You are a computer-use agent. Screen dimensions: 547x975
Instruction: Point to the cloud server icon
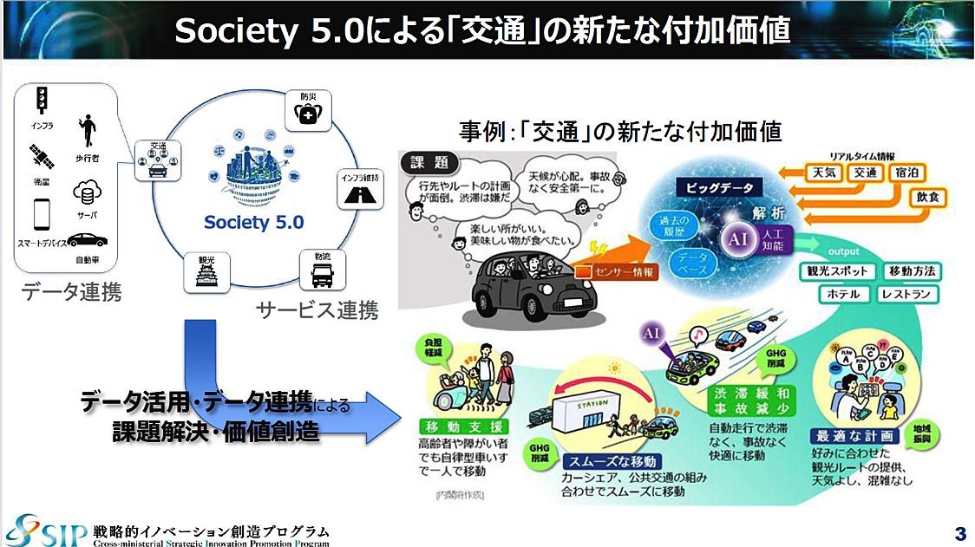[x=88, y=192]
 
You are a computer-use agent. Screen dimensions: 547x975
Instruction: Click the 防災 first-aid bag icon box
[x=308, y=111]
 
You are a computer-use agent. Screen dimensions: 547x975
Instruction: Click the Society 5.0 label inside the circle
[x=254, y=222]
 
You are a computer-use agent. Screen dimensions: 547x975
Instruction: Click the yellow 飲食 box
[x=926, y=199]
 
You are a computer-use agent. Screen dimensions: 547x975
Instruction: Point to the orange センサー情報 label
[x=621, y=271]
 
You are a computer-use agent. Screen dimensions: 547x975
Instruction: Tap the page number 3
[x=959, y=531]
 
